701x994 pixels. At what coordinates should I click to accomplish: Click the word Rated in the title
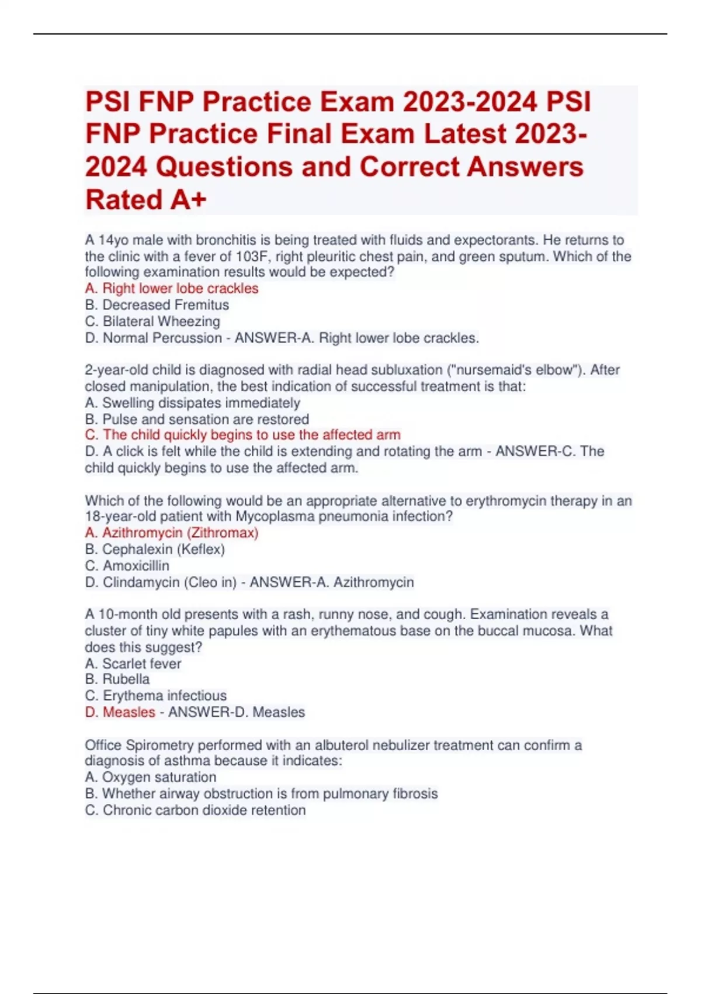coord(124,200)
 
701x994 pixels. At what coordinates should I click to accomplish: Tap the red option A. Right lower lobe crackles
coord(172,288)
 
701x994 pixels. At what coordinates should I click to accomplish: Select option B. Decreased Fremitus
coord(157,305)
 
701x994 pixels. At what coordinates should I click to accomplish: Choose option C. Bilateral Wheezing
coord(152,321)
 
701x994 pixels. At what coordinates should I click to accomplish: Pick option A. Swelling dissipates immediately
coord(192,402)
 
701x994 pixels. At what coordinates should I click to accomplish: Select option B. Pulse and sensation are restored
coord(197,419)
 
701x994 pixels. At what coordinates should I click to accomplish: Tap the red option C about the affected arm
coord(242,434)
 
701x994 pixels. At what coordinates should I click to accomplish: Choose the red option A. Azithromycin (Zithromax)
coord(172,533)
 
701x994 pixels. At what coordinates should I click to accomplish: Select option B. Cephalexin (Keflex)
coord(155,549)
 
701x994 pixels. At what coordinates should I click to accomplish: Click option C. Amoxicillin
coord(127,565)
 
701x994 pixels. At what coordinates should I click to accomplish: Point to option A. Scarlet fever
coord(133,663)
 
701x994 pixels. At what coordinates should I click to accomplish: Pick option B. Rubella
coord(117,679)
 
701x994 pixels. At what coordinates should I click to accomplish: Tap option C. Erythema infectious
coord(155,695)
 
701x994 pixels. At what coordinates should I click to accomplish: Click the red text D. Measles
coord(120,712)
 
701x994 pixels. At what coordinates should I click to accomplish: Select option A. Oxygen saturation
coord(150,776)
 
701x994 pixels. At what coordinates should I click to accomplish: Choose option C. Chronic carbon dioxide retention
coord(195,810)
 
